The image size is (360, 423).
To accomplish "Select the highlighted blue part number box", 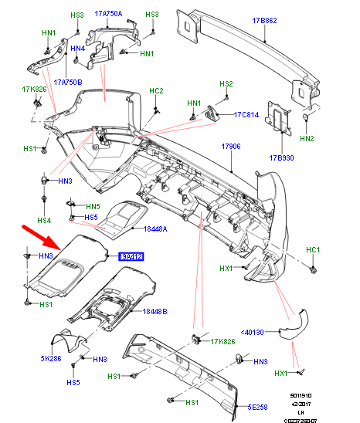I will coord(131,256).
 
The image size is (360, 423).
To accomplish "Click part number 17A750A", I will coord(108,15).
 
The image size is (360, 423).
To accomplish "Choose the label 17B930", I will coord(283,158).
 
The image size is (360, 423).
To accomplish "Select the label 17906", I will coord(232,146).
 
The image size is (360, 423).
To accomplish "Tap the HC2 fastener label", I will coord(156,92).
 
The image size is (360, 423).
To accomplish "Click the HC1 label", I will coord(312,250).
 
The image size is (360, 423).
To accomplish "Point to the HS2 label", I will coord(226,84).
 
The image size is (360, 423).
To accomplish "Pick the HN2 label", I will coord(307,139).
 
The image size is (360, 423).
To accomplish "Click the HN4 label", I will coord(77,49).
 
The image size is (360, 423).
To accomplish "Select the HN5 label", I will coord(93,207).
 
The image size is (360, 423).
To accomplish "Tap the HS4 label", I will coord(45,221).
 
